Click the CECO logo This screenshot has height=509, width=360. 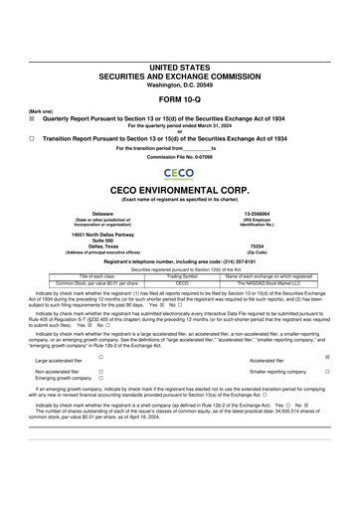click(180, 173)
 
